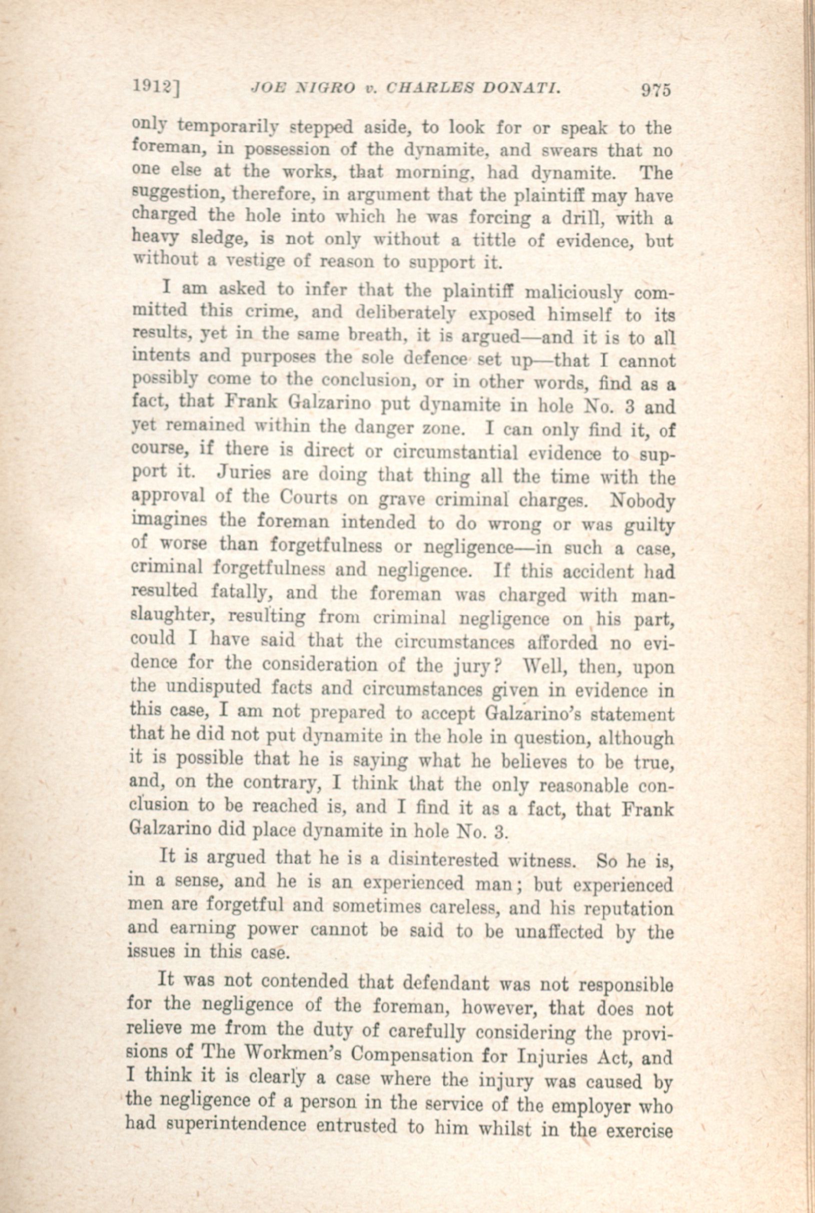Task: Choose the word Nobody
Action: click(x=643, y=501)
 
